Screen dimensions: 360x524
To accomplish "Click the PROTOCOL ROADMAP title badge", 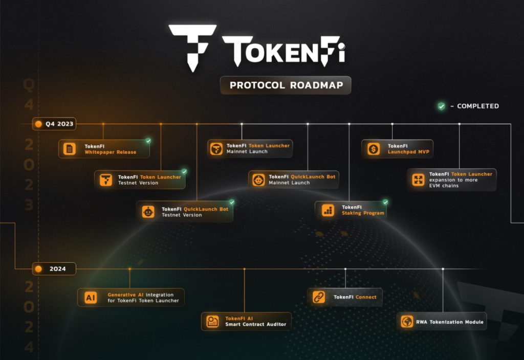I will point(286,85).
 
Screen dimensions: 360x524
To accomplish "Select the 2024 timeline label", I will point(54,268).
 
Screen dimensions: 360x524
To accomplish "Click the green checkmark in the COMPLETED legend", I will point(441,106).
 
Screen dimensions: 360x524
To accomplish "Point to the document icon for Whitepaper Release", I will point(70,149).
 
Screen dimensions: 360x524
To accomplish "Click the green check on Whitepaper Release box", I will point(148,140).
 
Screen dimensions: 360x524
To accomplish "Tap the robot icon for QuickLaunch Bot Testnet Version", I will point(148,212).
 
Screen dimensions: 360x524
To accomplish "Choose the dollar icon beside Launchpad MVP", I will point(374,149).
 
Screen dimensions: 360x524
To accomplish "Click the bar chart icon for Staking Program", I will point(327,210).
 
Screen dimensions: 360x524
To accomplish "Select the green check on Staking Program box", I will point(385,202).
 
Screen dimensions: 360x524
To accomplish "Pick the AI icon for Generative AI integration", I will point(91,298).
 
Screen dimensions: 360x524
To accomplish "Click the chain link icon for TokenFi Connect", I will point(319,297).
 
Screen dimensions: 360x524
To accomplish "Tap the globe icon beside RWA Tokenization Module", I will point(407,322).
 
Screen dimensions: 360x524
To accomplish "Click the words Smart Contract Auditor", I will point(256,325).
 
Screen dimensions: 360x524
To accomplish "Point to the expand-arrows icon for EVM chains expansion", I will point(419,179).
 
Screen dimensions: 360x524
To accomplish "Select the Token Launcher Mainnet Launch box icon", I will point(217,149).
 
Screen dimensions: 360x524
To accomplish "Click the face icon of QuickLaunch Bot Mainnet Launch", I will point(259,179).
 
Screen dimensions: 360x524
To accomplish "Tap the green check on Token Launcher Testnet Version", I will point(184,171).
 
